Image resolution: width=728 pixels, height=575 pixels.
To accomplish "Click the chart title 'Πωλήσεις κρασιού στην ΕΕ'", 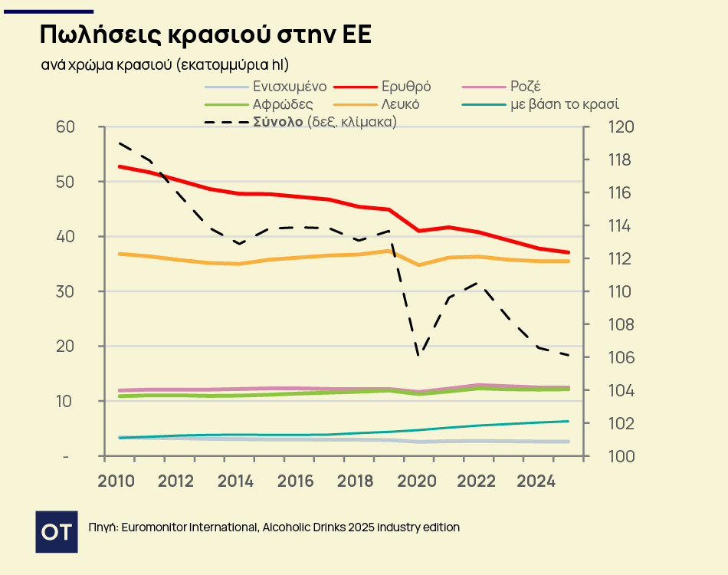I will [205, 35].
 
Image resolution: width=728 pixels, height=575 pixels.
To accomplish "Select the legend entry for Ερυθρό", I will [406, 87].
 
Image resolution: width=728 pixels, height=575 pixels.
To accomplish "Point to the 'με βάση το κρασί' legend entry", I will [564, 104].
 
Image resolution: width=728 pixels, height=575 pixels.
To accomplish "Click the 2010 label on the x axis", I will [116, 481].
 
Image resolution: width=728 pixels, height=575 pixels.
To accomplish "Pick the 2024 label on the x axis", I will [536, 481].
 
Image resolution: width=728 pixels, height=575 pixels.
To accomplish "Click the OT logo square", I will [57, 531].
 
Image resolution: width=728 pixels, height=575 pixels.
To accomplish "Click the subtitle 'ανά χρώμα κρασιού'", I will [107, 64].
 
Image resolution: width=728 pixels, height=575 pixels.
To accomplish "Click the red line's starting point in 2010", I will [120, 166].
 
